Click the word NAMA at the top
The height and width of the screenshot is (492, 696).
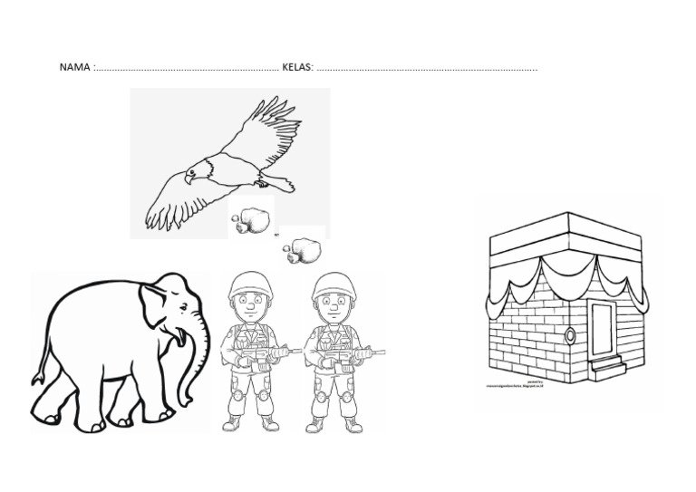pyautogui.click(x=74, y=68)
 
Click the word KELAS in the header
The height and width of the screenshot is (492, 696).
pyautogui.click(x=298, y=68)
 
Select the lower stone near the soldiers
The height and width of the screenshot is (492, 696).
pyautogui.click(x=302, y=249)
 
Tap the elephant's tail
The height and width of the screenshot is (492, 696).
pyautogui.click(x=39, y=373)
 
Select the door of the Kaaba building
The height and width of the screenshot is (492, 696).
pyautogui.click(x=602, y=326)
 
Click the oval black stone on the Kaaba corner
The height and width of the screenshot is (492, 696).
pyautogui.click(x=570, y=334)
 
